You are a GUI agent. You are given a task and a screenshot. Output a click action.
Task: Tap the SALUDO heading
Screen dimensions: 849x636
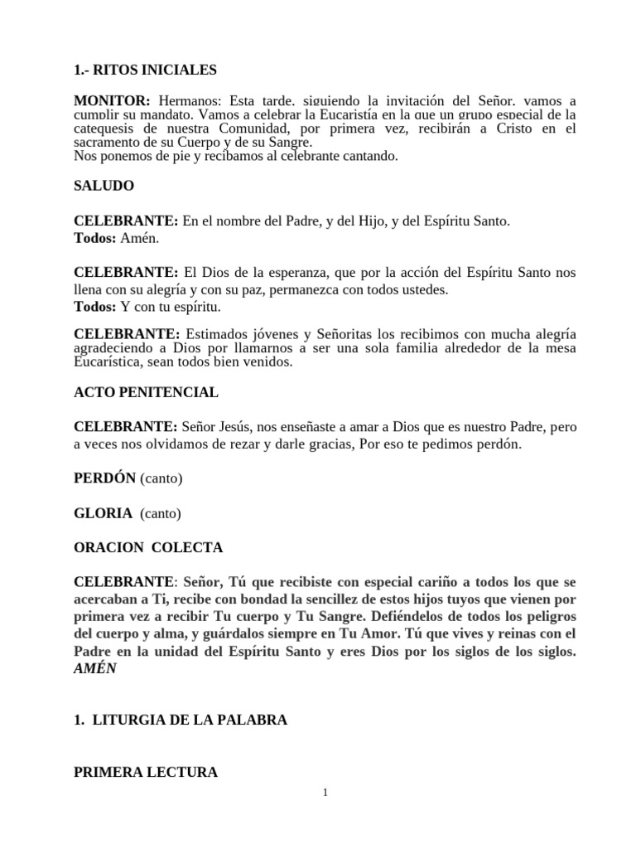click(104, 186)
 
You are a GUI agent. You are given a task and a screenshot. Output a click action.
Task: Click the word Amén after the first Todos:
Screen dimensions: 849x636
click(138, 238)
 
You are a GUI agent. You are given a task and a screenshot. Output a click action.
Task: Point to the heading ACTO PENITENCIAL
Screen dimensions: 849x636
click(146, 391)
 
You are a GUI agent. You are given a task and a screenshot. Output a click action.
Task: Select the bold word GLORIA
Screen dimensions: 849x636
click(104, 513)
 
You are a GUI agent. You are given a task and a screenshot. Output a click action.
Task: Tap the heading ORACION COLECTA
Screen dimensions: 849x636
click(148, 547)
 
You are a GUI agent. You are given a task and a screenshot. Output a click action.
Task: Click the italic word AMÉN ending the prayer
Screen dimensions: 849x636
click(95, 668)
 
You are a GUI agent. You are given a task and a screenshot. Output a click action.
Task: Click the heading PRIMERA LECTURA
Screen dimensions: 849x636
click(146, 772)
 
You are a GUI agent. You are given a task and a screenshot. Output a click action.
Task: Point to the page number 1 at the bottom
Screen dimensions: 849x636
click(326, 793)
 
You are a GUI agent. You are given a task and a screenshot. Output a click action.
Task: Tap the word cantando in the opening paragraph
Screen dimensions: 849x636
click(370, 155)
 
